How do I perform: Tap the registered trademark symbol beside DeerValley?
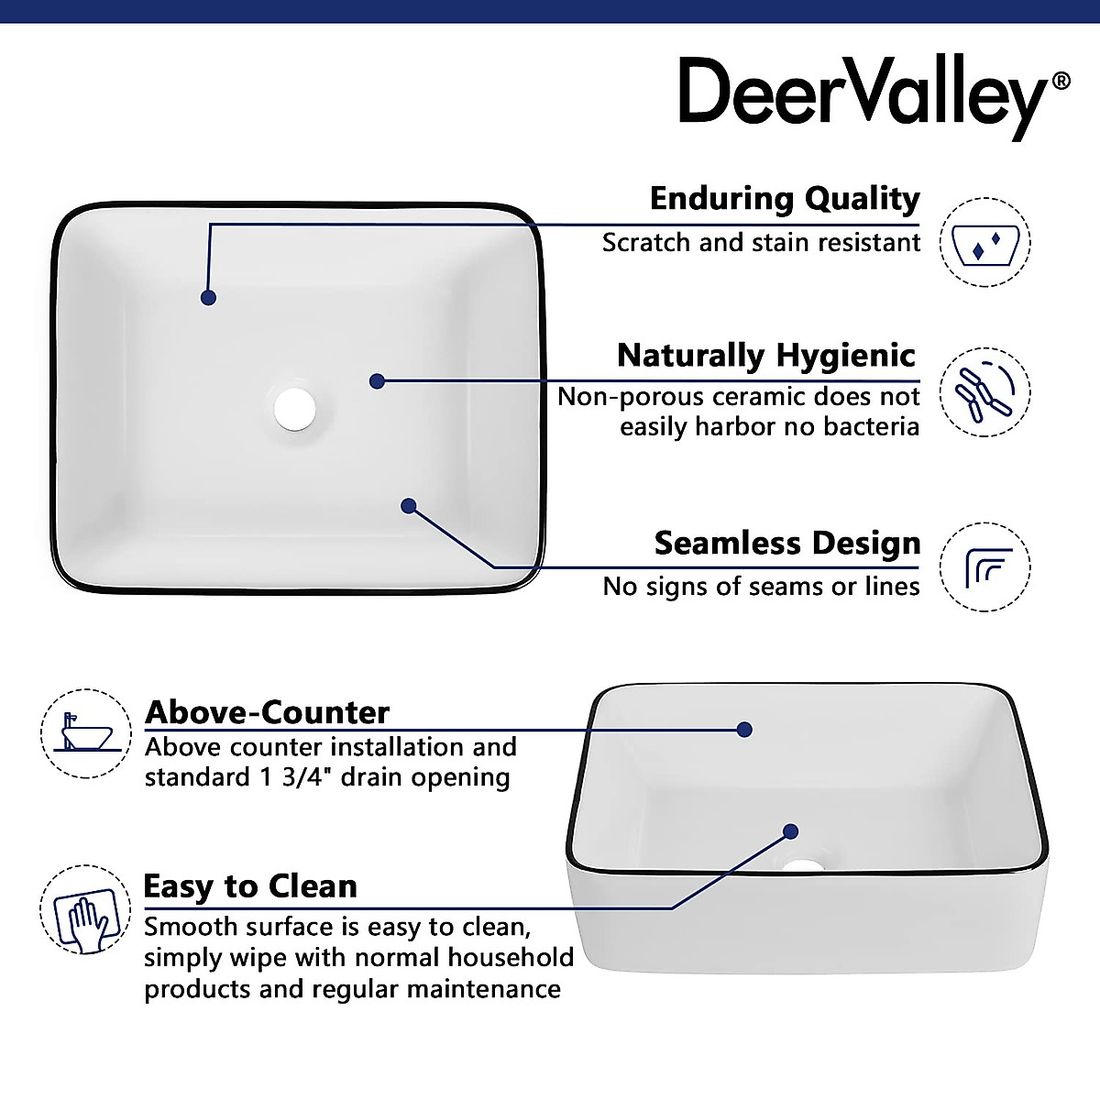point(1061,81)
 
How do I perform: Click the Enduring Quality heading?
point(784,198)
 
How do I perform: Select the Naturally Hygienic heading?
point(766,355)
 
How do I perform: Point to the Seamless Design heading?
point(786,543)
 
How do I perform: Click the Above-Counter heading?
point(268,712)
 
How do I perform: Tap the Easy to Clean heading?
point(250,886)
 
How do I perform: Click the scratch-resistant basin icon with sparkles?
point(986,242)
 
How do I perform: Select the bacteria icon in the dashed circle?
point(986,391)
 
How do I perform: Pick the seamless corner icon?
point(986,567)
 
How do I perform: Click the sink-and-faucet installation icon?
point(85,733)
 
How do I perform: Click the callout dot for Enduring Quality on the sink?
point(209,298)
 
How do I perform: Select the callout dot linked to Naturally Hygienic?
point(377,381)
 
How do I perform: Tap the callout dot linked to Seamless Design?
point(409,505)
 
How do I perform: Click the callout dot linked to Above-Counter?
point(744,730)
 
